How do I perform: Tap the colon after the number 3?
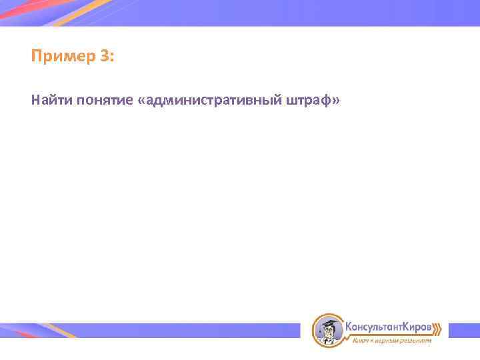pos(112,58)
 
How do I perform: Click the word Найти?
pos(51,101)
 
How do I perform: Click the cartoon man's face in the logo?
pos(328,332)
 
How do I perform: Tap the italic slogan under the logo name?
pos(391,341)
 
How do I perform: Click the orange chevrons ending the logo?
pos(437,328)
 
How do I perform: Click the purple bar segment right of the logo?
pos(463,330)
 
